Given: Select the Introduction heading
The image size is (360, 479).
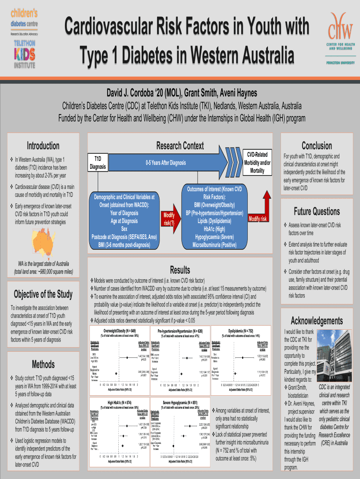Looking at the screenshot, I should [43, 146].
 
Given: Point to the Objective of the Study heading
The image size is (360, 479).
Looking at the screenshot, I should [43, 294].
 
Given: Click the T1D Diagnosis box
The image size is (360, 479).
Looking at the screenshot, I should [98, 163].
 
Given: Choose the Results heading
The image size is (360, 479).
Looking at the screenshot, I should [180, 270].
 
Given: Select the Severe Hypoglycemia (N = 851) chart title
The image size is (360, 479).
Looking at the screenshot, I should [180, 402].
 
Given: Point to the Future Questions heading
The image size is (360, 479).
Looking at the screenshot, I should [317, 211].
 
